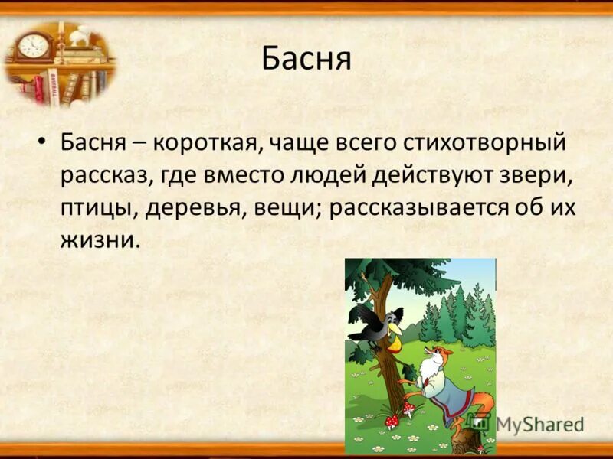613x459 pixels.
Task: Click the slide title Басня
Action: click(x=306, y=59)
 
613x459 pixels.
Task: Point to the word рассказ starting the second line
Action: click(x=108, y=176)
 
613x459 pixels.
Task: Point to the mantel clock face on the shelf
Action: click(x=33, y=46)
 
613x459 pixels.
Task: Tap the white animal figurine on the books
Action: click(x=79, y=36)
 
